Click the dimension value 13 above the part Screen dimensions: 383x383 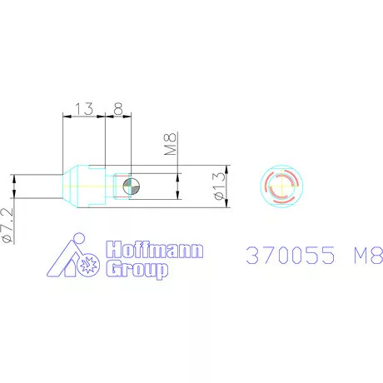84,109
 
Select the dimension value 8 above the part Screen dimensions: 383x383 118,109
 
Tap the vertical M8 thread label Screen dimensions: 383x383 171,144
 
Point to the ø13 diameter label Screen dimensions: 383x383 219,186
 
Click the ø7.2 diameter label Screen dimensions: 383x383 7,226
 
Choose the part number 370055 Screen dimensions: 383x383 291,256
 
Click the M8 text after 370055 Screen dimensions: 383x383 368,256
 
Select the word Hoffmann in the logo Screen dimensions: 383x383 155,250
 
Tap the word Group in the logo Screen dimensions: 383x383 137,269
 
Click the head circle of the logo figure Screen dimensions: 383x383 79,238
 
